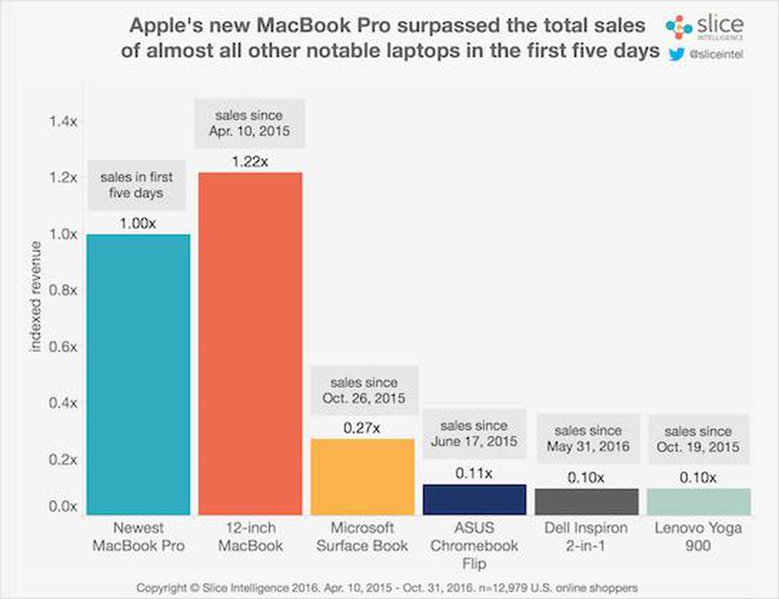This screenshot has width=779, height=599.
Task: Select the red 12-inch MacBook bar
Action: coord(250,343)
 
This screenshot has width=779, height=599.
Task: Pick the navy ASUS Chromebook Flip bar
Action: coord(474,499)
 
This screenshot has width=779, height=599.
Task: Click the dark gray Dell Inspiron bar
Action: coord(586,501)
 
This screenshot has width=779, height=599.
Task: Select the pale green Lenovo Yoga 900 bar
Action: coord(698,501)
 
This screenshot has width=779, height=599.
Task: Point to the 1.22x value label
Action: coord(250,162)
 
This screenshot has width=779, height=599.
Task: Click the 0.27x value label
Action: coord(361,428)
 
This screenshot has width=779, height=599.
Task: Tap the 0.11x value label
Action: coord(474,473)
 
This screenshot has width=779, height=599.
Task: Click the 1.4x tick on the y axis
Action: coord(63,121)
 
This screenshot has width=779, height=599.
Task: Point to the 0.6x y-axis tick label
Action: coord(63,347)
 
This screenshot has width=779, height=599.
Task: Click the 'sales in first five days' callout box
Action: coord(136,185)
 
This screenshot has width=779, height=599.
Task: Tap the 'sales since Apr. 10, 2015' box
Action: coord(249,123)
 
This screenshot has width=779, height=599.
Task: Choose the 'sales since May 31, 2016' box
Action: coord(588,438)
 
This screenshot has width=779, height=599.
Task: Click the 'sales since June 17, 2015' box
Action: coord(474,433)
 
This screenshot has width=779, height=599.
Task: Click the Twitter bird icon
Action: coord(677,54)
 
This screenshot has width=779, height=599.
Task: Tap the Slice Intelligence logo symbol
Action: coord(679,27)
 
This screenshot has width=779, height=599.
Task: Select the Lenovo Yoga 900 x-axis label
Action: coord(698,536)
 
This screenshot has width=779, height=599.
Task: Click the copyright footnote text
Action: coord(387,588)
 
